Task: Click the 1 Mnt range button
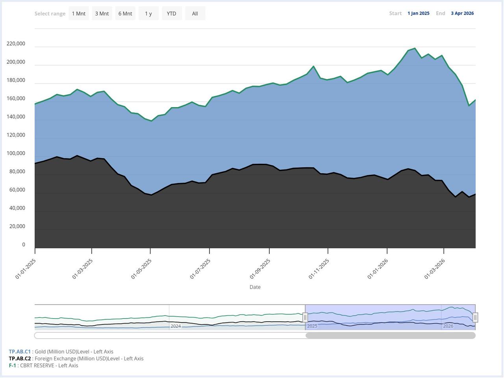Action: pyautogui.click(x=78, y=13)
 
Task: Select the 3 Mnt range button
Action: pyautogui.click(x=102, y=13)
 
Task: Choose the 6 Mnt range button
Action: pyautogui.click(x=125, y=13)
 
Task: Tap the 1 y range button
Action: pyautogui.click(x=148, y=13)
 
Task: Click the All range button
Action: pyautogui.click(x=195, y=13)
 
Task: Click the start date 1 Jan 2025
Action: pyautogui.click(x=418, y=13)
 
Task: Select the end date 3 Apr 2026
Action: pyautogui.click(x=462, y=13)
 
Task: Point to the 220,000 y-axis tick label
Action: pyautogui.click(x=16, y=44)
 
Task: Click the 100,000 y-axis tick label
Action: pyautogui.click(x=16, y=153)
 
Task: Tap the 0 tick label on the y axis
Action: pyautogui.click(x=24, y=245)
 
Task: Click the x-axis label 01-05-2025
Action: pyautogui.click(x=141, y=269)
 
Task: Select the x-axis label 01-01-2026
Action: pyautogui.click(x=378, y=269)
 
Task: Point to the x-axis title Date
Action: pyautogui.click(x=255, y=287)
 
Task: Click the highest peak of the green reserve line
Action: pyautogui.click(x=415, y=48)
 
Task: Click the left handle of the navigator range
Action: pyautogui.click(x=305, y=317)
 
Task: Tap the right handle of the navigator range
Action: pyautogui.click(x=475, y=317)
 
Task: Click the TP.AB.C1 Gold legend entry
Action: pyautogui.click(x=61, y=352)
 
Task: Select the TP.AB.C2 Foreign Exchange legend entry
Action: pyautogui.click(x=76, y=359)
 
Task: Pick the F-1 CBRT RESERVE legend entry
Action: pyautogui.click(x=43, y=365)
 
